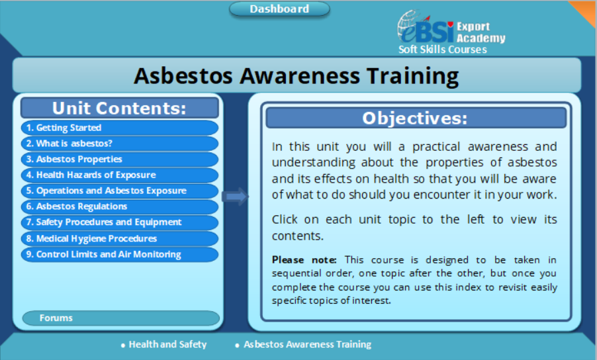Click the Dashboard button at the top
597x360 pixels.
[x=279, y=9]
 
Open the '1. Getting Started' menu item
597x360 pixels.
[x=120, y=128]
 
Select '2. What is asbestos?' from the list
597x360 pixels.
[x=120, y=144]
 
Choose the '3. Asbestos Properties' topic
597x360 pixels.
[x=120, y=159]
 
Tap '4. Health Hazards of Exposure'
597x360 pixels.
[x=120, y=175]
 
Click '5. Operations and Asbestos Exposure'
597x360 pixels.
[x=120, y=191]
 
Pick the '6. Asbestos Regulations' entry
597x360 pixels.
[x=120, y=206]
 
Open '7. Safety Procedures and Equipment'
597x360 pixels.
[x=120, y=222]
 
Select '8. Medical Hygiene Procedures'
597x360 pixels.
[x=120, y=239]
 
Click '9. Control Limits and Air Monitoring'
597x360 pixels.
[x=120, y=254]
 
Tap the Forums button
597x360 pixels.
[x=121, y=318]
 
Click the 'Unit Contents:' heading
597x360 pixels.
[x=120, y=108]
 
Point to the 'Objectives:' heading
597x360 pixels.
[x=416, y=118]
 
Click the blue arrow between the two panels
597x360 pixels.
[x=236, y=197]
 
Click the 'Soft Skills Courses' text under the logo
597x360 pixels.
[x=442, y=50]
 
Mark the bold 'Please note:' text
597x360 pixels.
[x=304, y=260]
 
